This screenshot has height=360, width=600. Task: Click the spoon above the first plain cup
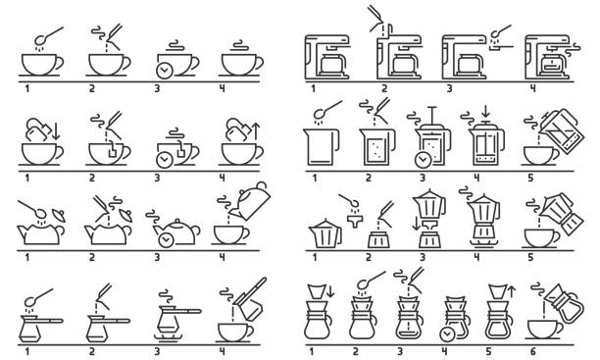(43, 36)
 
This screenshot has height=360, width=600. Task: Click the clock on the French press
(423, 160)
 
